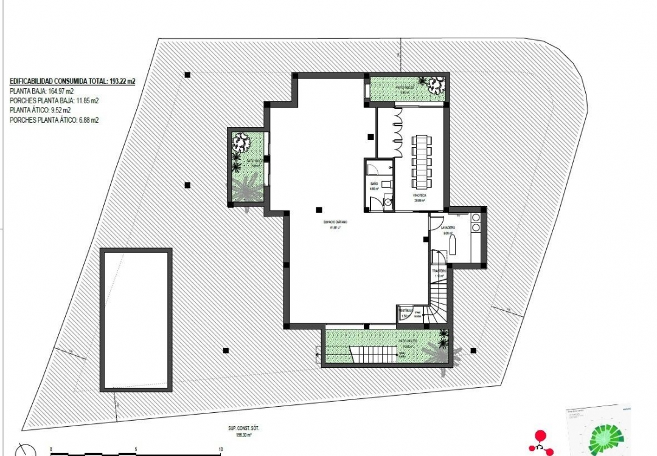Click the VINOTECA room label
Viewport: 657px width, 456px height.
(x=419, y=196)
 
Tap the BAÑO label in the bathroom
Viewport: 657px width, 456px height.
(x=375, y=183)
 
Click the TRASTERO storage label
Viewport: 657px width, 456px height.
(x=439, y=271)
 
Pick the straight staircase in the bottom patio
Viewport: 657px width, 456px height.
(x=371, y=354)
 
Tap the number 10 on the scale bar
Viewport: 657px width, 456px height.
(x=220, y=450)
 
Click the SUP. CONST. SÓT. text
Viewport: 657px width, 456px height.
(x=235, y=428)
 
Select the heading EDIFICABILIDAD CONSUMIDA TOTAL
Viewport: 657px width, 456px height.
(x=72, y=80)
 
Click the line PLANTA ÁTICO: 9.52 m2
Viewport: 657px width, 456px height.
(x=40, y=111)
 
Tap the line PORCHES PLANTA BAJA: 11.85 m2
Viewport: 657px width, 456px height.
(x=54, y=101)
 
